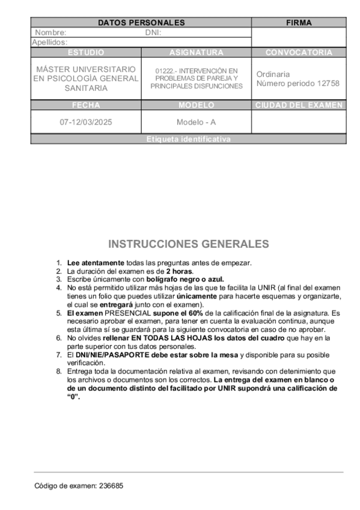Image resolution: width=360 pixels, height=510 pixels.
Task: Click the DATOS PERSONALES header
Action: pos(141,23)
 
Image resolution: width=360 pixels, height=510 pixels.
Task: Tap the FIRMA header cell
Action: pos(299,23)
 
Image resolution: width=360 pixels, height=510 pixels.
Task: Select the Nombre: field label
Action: pos(51,32)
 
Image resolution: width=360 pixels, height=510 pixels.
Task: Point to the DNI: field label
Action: pos(153,32)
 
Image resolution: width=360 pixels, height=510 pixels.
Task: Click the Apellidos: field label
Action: pos(50,43)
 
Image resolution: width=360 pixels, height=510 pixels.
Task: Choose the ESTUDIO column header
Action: pos(86,52)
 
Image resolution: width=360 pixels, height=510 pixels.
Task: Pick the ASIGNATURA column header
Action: pos(196,52)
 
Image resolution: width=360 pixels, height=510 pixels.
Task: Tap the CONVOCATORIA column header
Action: pos(299,52)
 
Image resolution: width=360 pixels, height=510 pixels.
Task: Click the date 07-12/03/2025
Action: pos(86,122)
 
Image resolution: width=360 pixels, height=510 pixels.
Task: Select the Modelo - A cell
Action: pos(196,122)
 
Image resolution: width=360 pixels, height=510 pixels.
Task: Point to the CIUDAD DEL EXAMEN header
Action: pos(299,105)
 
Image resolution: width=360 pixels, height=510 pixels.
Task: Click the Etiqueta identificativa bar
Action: pos(188,139)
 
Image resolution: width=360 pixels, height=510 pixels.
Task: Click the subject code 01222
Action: pos(165,70)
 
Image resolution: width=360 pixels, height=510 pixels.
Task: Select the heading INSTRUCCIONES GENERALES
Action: pos(188,244)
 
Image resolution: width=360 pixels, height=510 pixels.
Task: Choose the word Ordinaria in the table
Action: pos(273,74)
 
